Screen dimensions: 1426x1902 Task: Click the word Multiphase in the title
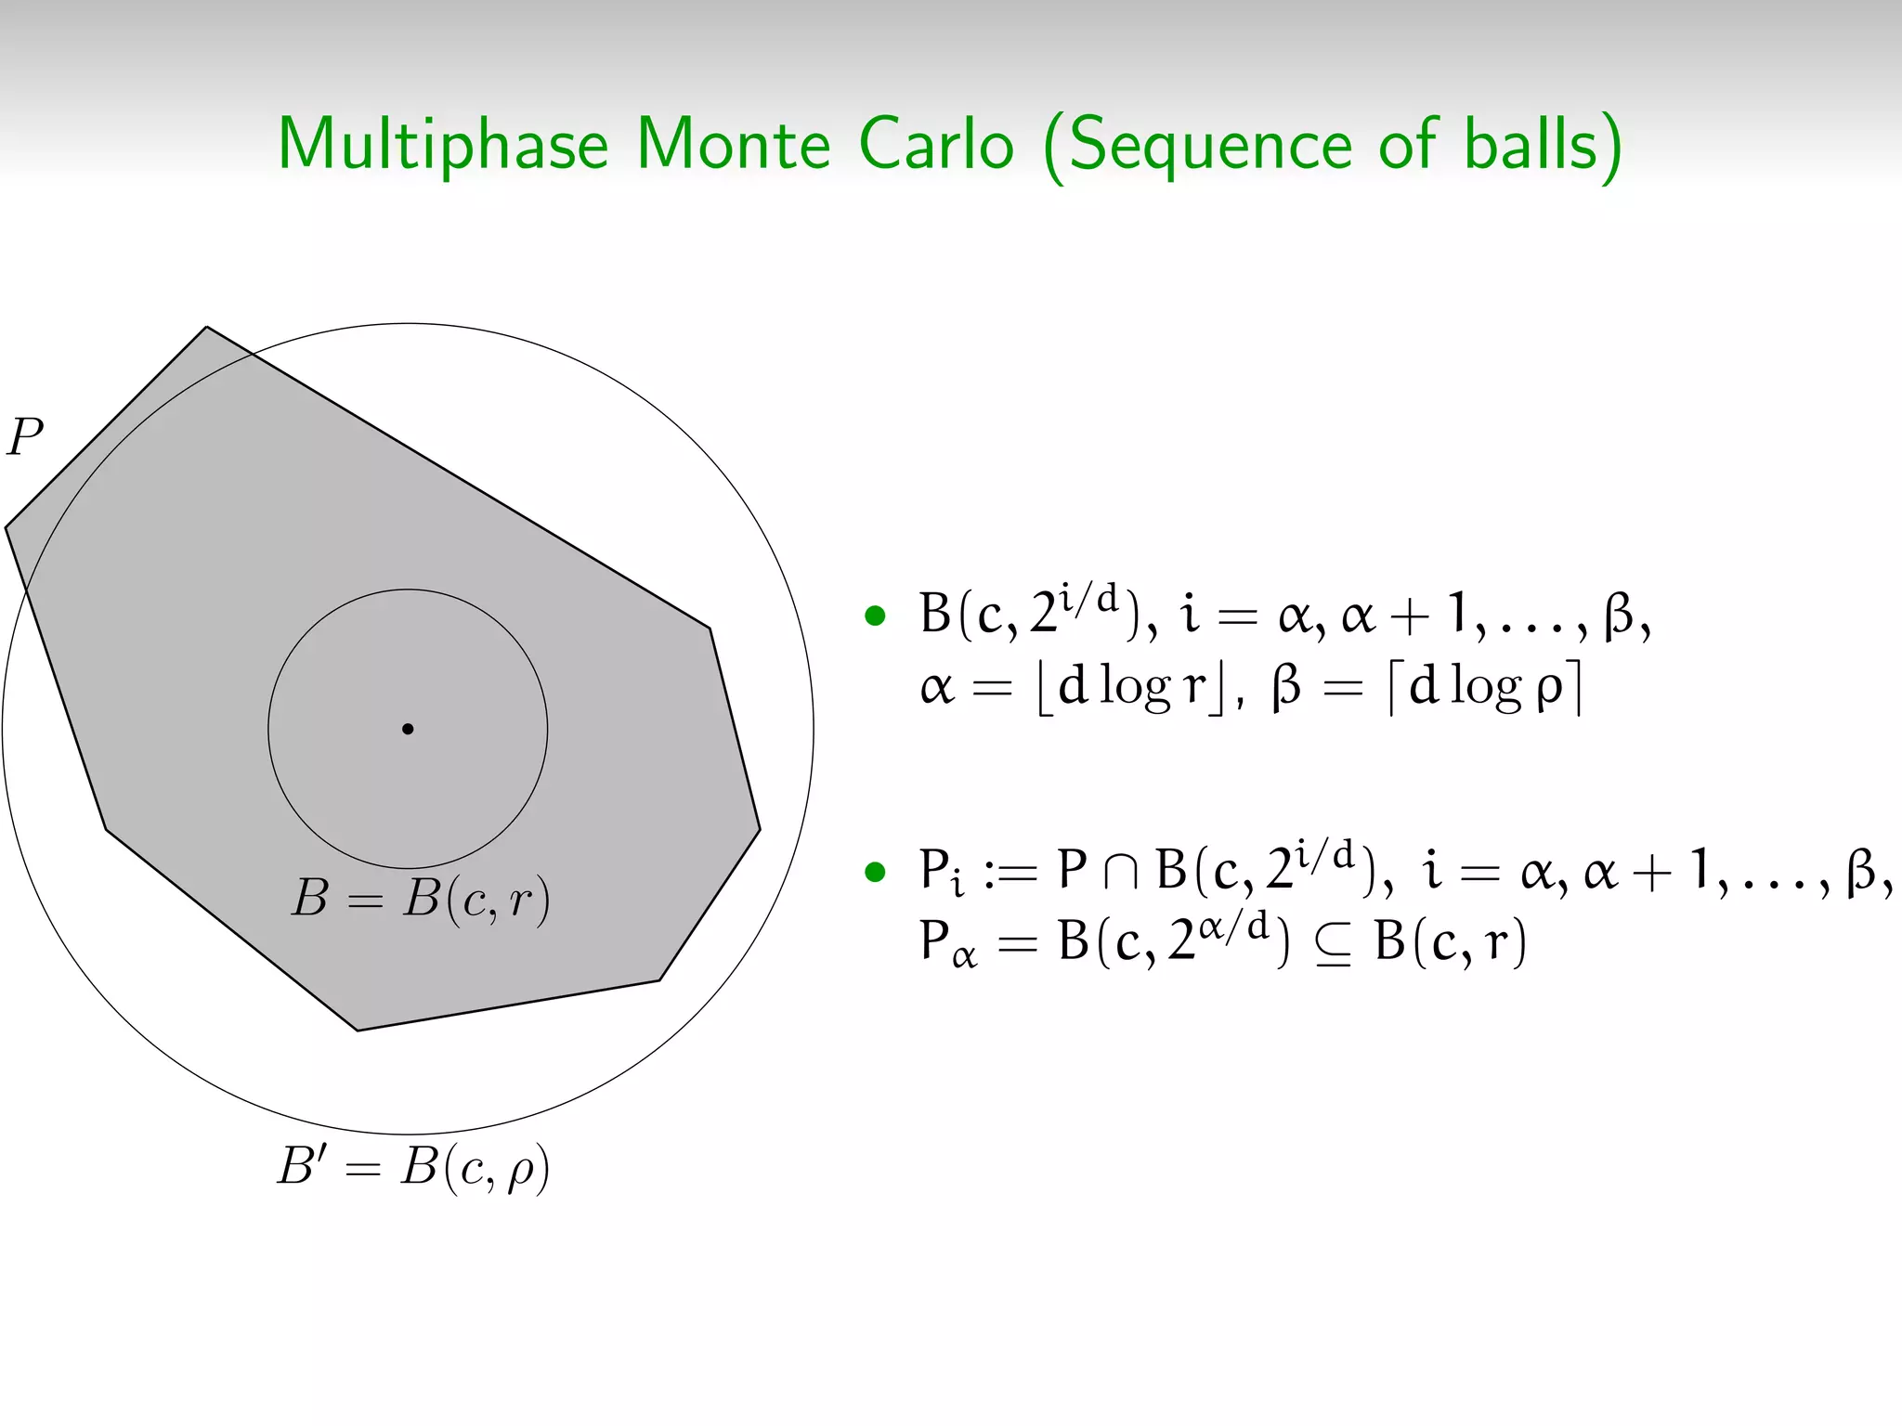pyautogui.click(x=442, y=146)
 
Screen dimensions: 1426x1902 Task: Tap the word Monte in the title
pyautogui.click(x=733, y=146)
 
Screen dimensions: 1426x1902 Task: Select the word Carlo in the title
pyautogui.click(x=935, y=146)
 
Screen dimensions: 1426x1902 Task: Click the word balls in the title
pyautogui.click(x=1531, y=146)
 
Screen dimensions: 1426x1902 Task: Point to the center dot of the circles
pyautogui.click(x=408, y=729)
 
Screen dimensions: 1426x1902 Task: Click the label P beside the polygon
pyautogui.click(x=25, y=436)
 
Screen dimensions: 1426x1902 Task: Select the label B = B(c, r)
pyautogui.click(x=421, y=900)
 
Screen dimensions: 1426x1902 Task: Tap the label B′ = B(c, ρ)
pyautogui.click(x=413, y=1167)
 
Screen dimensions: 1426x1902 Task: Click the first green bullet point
pyautogui.click(x=875, y=616)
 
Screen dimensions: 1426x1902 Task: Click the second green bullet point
pyautogui.click(x=875, y=872)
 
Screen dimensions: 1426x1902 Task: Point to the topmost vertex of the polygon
pyautogui.click(x=206, y=327)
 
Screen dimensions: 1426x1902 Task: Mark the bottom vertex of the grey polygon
pyautogui.click(x=358, y=1030)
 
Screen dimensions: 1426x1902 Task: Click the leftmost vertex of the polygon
pyautogui.click(x=7, y=528)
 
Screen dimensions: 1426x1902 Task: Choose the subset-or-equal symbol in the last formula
pyautogui.click(x=1333, y=945)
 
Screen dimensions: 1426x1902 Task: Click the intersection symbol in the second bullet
pyautogui.click(x=1122, y=873)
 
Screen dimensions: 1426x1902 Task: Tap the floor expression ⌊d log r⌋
pyautogui.click(x=1129, y=688)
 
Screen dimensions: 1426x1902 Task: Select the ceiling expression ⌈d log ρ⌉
pyautogui.click(x=1484, y=688)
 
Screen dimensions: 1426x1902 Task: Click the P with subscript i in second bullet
pyautogui.click(x=941, y=873)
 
